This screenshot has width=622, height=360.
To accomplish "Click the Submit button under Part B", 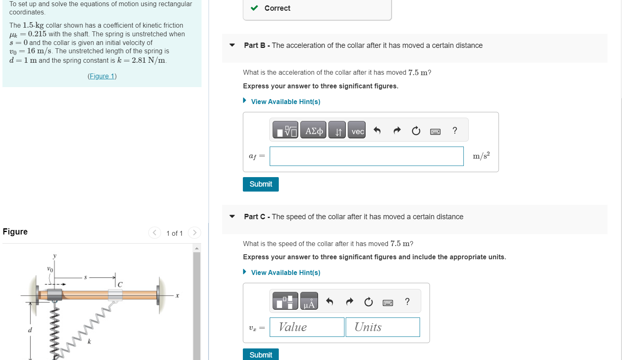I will [x=261, y=184].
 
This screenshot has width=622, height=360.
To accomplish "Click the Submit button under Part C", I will [x=261, y=355].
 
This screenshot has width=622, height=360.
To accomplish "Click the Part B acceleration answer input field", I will [x=366, y=156].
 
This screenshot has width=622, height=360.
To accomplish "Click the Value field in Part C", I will [x=307, y=327].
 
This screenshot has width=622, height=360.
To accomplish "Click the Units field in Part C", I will [x=382, y=327].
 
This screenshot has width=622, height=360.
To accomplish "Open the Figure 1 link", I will [x=102, y=76].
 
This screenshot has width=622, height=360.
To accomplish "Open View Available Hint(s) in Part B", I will [x=285, y=102].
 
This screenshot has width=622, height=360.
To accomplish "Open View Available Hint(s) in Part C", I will [x=285, y=272].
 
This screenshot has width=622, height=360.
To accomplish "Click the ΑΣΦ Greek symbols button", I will [x=313, y=130].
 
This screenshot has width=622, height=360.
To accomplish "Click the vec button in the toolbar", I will [x=357, y=130].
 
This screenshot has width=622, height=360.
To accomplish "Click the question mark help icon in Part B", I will [x=455, y=130].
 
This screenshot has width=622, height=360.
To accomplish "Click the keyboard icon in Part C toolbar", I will [x=388, y=303].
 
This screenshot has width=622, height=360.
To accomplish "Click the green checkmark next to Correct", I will [x=254, y=8].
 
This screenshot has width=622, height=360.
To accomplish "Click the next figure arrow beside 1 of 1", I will [x=195, y=233].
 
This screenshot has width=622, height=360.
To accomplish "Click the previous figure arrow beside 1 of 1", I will [x=154, y=233].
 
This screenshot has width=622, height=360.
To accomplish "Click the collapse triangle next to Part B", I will [x=232, y=45].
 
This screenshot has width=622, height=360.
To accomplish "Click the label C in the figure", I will [x=120, y=284].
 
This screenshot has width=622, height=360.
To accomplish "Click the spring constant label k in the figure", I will [x=89, y=341].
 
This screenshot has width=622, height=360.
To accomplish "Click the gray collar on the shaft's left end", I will [x=54, y=294].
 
